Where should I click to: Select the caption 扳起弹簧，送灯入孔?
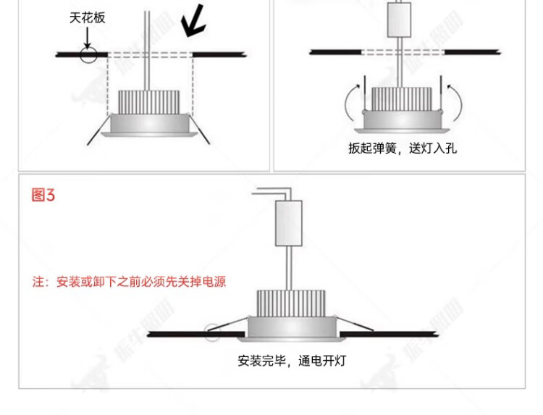403,149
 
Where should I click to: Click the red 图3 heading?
43,195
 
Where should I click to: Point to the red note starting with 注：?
129,281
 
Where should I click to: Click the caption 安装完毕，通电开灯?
292,360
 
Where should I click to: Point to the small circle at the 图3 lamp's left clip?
211,333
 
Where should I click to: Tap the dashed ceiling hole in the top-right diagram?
403,53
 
